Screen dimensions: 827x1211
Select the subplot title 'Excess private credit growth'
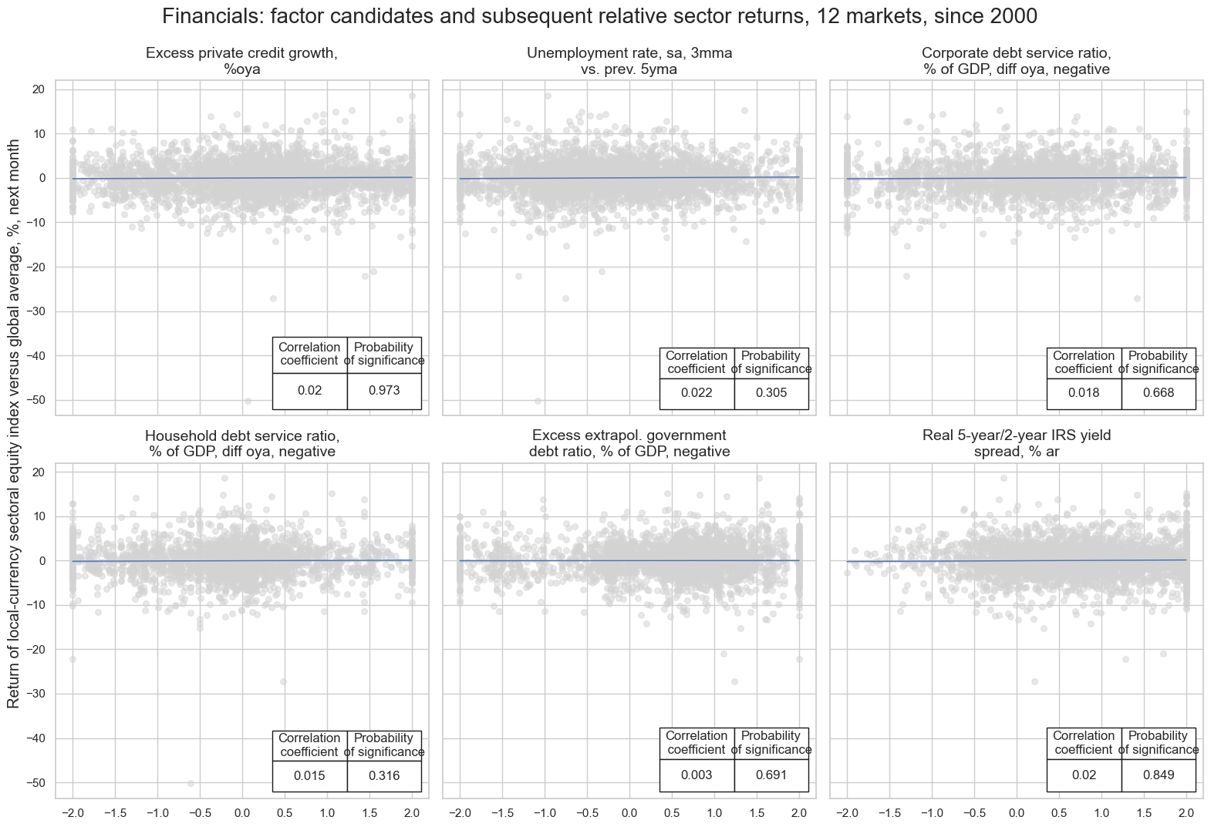click(241, 61)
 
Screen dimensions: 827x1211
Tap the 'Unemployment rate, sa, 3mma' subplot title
click(629, 61)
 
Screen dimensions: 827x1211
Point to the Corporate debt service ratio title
click(1017, 61)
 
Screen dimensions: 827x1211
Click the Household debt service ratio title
click(241, 443)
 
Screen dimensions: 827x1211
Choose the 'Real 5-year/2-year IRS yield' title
click(1017, 443)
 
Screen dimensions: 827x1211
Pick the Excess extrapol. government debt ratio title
click(629, 443)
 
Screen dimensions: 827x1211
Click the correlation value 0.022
click(697, 393)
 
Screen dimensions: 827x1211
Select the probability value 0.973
click(384, 391)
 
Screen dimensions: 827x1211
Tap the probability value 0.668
click(1159, 393)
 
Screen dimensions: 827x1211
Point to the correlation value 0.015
click(309, 775)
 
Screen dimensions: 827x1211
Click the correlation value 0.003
click(697, 775)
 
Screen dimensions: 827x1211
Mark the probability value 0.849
click(1159, 775)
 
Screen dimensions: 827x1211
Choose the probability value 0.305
click(771, 393)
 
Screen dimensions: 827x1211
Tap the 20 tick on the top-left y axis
click(39, 89)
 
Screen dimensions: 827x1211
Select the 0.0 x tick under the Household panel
click(242, 813)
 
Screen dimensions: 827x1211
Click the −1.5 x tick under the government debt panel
click(502, 813)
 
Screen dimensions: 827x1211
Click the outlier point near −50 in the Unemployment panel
click(538, 401)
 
